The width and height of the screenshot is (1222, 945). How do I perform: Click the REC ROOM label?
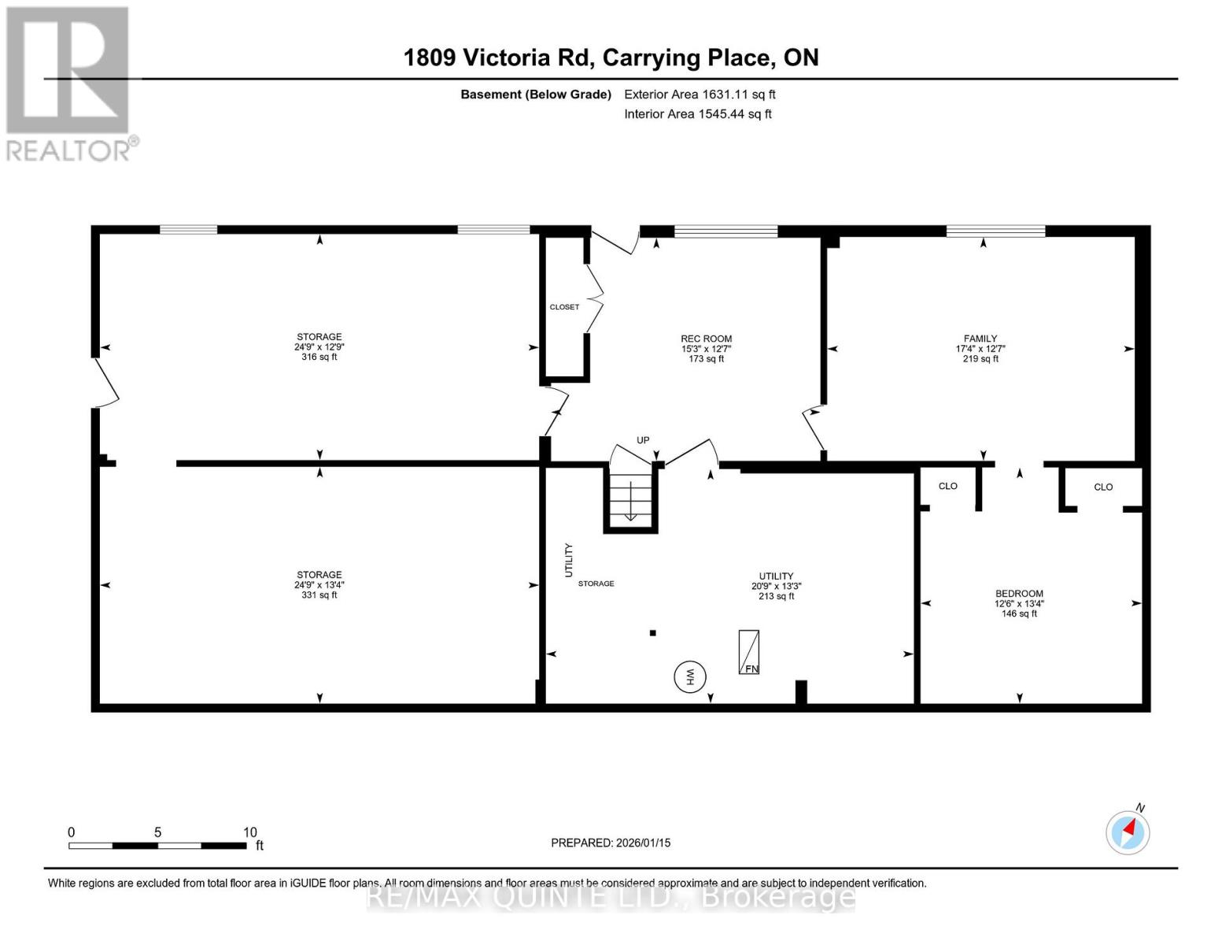[706, 339]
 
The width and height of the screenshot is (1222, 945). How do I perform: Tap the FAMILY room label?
[980, 339]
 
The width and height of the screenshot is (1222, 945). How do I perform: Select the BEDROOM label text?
[1019, 594]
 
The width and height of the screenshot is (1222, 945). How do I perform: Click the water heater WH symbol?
[690, 676]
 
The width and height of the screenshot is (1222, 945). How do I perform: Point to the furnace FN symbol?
[748, 652]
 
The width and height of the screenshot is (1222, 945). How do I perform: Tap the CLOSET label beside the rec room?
[564, 307]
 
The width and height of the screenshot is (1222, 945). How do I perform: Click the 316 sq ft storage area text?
[319, 357]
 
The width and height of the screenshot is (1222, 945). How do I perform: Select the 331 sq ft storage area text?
[319, 595]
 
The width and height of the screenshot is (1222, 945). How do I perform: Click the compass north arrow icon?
[1128, 832]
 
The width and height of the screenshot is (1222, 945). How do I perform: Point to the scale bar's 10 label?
[249, 832]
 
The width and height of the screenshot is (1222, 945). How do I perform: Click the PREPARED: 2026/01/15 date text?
[611, 843]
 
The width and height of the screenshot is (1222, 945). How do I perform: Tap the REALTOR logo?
[69, 83]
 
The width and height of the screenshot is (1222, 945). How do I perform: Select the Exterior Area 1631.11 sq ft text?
[700, 94]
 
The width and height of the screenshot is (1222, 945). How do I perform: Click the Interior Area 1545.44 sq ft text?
[698, 114]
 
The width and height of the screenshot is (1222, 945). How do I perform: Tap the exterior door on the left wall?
[105, 383]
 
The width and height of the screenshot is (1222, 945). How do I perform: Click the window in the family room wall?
[995, 231]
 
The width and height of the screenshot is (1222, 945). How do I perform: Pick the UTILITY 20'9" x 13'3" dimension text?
[776, 586]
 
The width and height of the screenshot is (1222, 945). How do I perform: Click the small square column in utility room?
[652, 632]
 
